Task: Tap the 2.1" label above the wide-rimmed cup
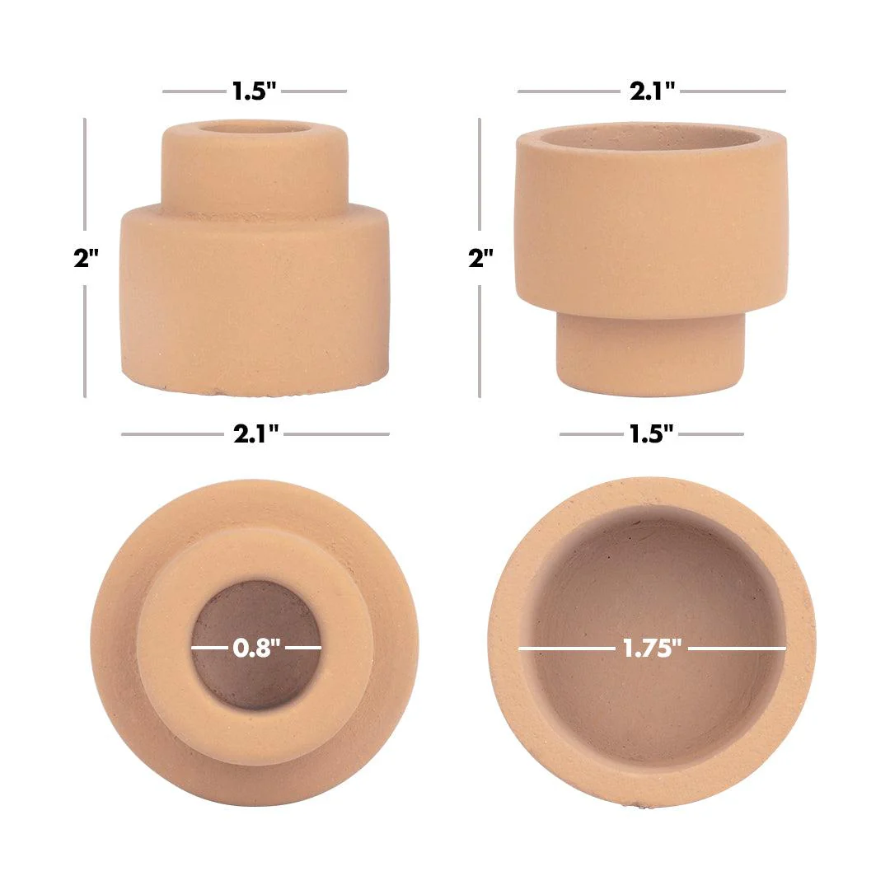click(653, 91)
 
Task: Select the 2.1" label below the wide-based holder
click(256, 434)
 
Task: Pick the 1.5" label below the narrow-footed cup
click(652, 434)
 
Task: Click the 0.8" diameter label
click(256, 648)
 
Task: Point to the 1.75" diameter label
click(653, 649)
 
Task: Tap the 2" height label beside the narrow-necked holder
click(86, 258)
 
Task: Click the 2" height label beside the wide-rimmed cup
click(480, 258)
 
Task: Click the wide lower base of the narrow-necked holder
click(254, 301)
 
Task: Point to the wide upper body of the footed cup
click(651, 222)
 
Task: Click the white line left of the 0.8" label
click(208, 648)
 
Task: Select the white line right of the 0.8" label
click(303, 648)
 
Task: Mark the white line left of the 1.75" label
click(566, 649)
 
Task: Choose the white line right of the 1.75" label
click(737, 649)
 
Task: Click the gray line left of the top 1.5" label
click(193, 91)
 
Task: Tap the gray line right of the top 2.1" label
click(733, 91)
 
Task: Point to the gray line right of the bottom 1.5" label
click(711, 434)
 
